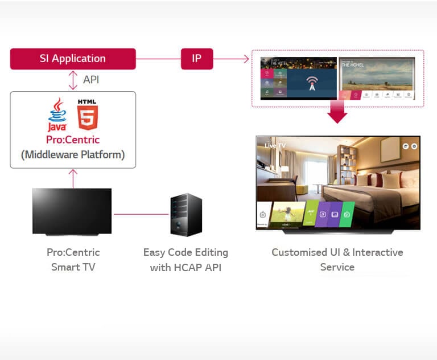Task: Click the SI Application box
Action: (73, 59)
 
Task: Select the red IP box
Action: (197, 59)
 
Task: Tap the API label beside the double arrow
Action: (91, 80)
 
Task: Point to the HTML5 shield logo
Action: (88, 114)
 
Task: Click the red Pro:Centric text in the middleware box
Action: (73, 140)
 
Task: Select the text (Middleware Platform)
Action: (73, 154)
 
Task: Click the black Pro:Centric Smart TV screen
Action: (72, 211)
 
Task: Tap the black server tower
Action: (186, 215)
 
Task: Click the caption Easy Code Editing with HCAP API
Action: (185, 259)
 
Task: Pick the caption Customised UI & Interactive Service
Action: (337, 259)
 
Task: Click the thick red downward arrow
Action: (337, 112)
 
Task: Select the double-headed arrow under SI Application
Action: (73, 80)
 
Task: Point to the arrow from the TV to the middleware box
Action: (73, 178)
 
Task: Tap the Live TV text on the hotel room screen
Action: (275, 146)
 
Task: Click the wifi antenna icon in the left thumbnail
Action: (311, 83)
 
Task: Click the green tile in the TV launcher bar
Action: (347, 214)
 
